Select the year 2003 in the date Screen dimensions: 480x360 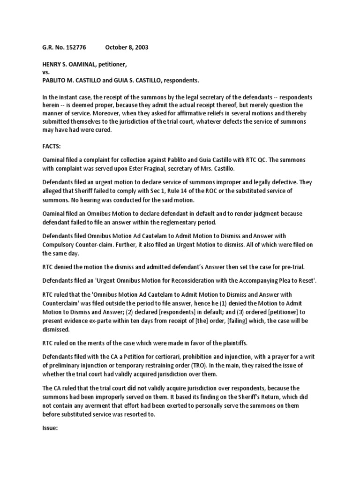click(140, 48)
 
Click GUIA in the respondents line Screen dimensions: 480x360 click(128, 80)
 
